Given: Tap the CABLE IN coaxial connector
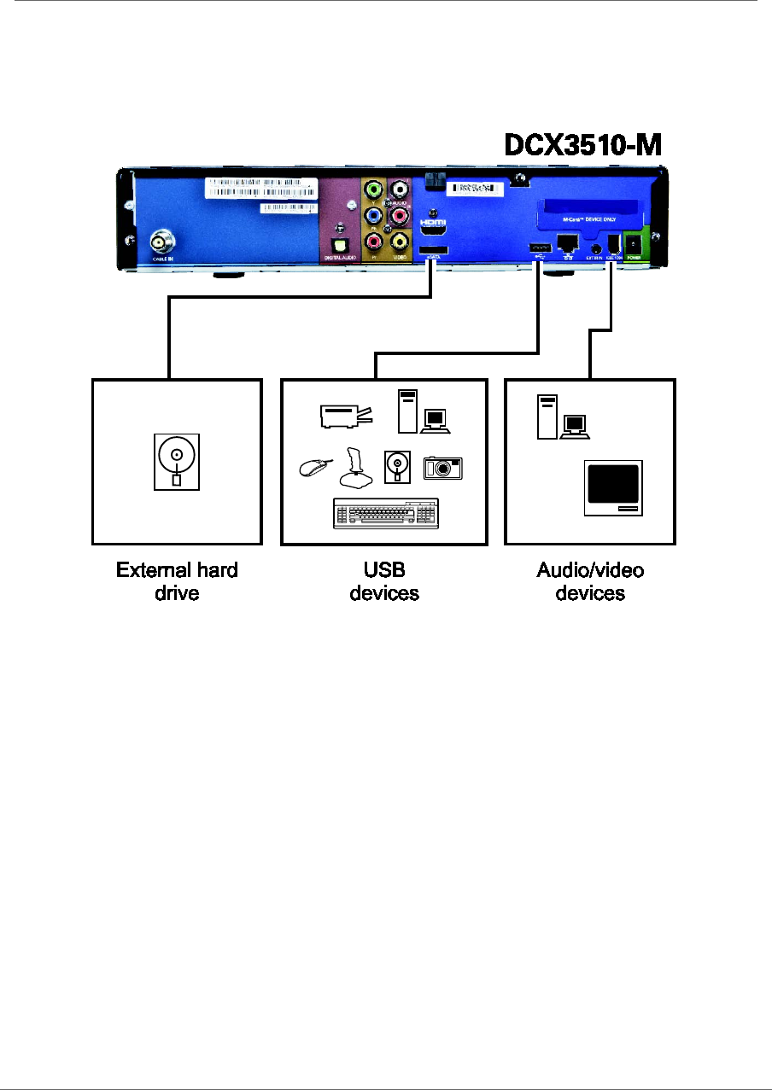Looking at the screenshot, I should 159,240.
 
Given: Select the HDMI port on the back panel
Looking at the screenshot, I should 434,230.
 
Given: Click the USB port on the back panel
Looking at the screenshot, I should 539,248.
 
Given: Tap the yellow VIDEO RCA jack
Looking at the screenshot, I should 399,241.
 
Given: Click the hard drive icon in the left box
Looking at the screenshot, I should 176,461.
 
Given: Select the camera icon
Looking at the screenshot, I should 442,466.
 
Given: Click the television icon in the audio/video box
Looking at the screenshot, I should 613,487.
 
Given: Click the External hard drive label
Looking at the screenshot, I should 177,580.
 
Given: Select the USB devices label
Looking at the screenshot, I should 384,580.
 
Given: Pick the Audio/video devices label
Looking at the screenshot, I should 590,580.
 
